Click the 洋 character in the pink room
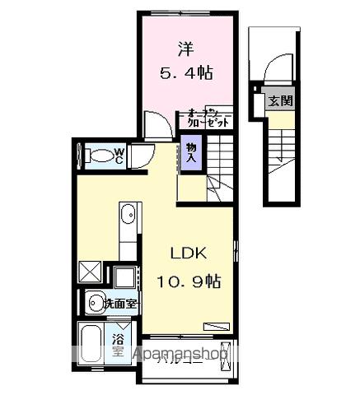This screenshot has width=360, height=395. [184, 49]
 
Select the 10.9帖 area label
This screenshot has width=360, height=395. [189, 281]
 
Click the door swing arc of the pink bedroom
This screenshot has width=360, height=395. [157, 126]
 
